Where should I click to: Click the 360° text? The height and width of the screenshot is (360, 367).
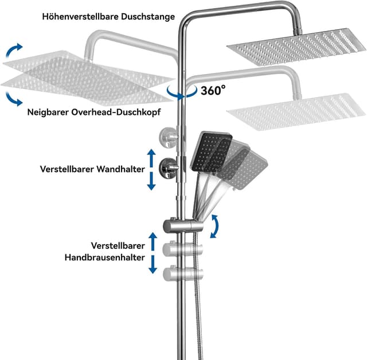pos(213,90)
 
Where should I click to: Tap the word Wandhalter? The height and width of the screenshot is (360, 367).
pos(119,170)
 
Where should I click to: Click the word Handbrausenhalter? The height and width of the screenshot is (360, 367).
pos(104,258)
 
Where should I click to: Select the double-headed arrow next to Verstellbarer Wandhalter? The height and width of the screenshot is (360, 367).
pos(151,169)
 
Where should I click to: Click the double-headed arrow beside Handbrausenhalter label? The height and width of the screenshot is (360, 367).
pos(153,253)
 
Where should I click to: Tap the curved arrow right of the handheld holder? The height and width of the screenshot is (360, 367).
pos(214,226)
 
